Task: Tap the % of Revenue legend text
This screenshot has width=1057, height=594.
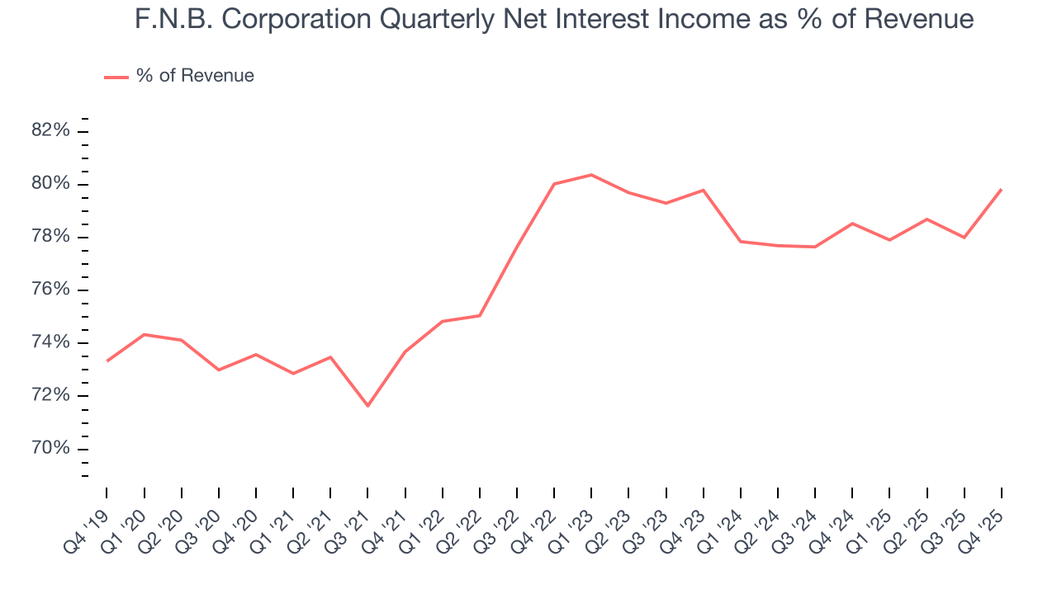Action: point(195,76)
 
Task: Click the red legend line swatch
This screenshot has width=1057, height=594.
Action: point(116,77)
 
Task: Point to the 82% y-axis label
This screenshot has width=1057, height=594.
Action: point(51,130)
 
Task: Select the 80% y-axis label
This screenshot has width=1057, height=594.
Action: point(51,184)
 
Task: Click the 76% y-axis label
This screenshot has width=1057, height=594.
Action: point(51,290)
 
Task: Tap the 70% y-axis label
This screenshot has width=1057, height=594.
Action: point(51,449)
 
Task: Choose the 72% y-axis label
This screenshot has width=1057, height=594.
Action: point(51,396)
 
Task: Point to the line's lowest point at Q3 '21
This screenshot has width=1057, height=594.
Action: point(367,406)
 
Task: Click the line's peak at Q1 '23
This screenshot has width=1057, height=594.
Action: point(591,175)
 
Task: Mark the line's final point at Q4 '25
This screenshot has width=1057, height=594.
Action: point(1002,190)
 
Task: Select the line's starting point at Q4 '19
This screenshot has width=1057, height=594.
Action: point(107,361)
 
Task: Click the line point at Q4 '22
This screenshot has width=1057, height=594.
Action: point(554,184)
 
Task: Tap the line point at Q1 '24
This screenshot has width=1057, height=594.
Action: point(741,242)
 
